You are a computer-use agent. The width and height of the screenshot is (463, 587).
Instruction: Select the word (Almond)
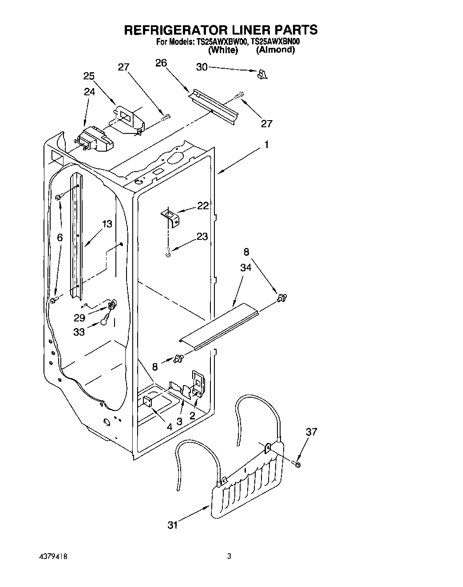click(x=275, y=50)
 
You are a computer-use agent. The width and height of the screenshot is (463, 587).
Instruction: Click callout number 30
click(x=202, y=67)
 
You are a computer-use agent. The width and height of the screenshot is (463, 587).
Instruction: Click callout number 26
click(x=161, y=63)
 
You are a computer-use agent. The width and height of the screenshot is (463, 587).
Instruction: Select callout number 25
click(x=89, y=76)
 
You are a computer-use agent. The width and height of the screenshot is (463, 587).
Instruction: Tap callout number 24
click(x=89, y=92)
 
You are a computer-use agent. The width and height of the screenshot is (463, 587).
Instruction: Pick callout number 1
click(x=266, y=145)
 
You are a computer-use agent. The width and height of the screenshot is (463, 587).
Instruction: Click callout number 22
click(x=203, y=206)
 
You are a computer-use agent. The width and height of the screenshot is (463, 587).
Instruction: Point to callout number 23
click(x=202, y=237)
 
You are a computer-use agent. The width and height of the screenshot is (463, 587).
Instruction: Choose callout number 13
click(x=107, y=224)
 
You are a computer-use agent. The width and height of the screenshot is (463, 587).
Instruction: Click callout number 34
click(x=245, y=267)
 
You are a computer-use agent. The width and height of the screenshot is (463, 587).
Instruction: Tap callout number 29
click(x=79, y=317)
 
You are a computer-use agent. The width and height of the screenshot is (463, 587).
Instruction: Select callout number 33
click(x=79, y=332)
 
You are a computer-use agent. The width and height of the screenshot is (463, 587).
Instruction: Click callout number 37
click(x=311, y=432)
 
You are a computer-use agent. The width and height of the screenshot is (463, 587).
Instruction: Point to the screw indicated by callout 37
click(x=297, y=464)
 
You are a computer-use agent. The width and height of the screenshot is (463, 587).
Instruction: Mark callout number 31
click(x=173, y=525)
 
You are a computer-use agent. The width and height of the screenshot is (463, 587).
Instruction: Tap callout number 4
click(x=169, y=427)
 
